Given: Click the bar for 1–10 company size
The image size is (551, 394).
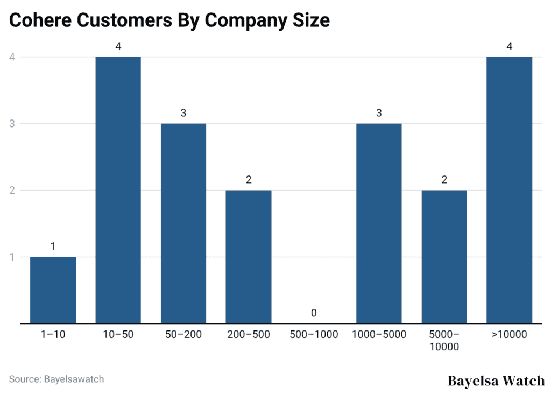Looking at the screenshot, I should pos(53,290).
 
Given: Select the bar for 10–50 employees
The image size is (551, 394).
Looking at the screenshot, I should pos(118,190).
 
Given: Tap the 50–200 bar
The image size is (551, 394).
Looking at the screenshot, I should pos(183,223).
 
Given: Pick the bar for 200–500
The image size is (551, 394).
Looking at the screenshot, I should pos(249,257).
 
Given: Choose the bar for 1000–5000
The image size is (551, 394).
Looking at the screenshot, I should pos(379,223).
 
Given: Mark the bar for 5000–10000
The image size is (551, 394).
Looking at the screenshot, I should pos(444,257).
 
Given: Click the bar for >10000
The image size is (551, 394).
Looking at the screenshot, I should pos(509,190).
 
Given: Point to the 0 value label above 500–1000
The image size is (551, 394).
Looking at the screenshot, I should pos(314,313).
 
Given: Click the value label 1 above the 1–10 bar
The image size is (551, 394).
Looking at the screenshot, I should pos(53,247).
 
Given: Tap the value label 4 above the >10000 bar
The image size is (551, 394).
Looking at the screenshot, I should pos(509,46).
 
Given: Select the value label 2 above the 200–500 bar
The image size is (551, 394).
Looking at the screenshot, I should pos(249,180).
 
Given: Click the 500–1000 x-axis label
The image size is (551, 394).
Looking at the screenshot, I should pos(314,335).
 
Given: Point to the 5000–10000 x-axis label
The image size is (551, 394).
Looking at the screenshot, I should pos(444,341).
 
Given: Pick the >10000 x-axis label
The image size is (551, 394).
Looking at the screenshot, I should pos(509,335).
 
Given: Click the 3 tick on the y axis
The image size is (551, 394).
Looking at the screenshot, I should pos(11,124).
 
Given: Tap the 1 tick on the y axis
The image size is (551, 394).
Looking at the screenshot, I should pos(11,257).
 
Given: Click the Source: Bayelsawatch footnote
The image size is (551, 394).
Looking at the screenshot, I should pos(56,379).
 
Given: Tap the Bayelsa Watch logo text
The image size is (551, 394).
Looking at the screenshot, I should pos(496,381).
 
